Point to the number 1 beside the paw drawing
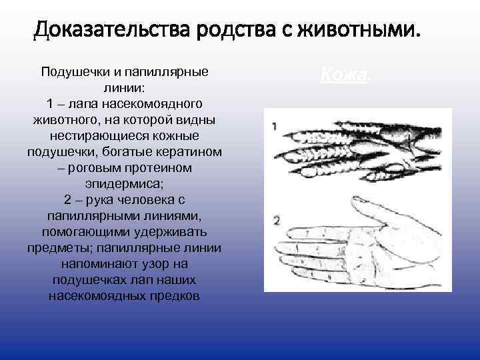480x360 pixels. (x=275, y=125)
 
